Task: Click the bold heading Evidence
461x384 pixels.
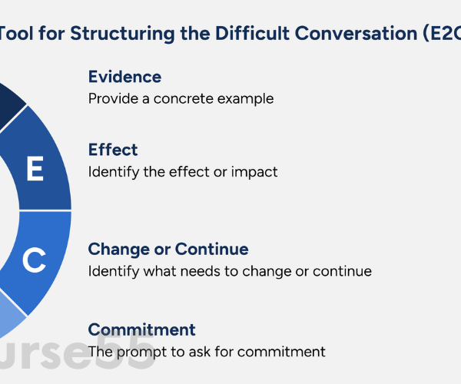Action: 124,77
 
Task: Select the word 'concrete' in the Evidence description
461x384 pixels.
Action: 180,99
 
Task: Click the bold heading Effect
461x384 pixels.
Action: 112,149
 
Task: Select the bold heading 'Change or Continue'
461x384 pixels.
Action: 168,249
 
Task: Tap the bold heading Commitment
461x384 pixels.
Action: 141,329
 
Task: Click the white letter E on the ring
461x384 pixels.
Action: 35,169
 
